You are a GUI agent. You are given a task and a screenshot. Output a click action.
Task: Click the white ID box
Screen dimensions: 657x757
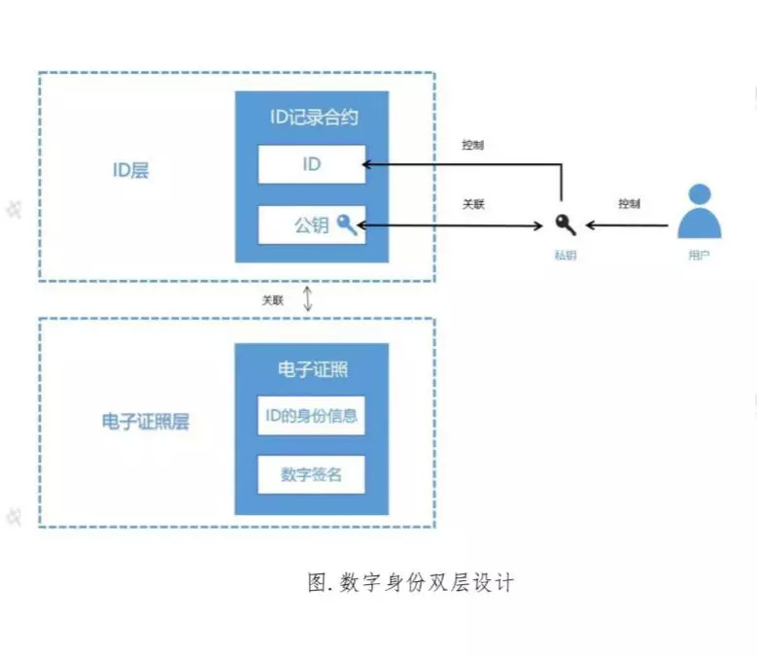tap(311, 164)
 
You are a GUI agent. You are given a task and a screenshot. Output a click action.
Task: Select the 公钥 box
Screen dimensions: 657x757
tap(311, 225)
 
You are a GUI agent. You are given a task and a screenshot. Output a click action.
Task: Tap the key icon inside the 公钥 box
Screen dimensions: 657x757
tap(347, 225)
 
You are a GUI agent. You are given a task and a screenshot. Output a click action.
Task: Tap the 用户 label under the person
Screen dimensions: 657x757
tap(699, 257)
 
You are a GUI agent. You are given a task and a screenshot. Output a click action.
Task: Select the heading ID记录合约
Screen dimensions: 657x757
tap(313, 118)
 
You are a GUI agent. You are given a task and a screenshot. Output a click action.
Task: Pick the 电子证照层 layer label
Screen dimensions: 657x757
tap(145, 422)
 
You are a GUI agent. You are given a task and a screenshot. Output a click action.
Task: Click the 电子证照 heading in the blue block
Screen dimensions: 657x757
tap(312, 369)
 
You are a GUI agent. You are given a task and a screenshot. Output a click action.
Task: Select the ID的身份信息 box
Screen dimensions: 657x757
tap(311, 418)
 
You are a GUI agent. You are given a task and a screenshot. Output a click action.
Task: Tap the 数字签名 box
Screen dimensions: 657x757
tap(311, 475)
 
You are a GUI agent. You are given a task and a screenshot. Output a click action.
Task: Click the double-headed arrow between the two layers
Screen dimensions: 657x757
tap(308, 299)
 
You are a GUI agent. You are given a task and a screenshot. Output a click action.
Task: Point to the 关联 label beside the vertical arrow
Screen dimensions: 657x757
tap(273, 300)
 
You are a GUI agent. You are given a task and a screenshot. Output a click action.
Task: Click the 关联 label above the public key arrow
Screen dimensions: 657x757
tap(473, 205)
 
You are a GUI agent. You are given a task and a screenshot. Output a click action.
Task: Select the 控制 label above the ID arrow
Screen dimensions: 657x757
tap(473, 146)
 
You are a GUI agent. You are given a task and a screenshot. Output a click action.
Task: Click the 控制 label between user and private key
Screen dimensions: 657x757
tap(629, 205)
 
